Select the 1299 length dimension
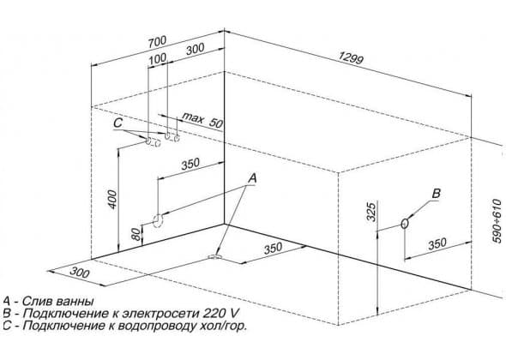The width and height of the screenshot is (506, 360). tap(351, 57)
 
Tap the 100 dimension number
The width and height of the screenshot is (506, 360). tap(158, 58)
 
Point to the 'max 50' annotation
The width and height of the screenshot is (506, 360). tap(202, 121)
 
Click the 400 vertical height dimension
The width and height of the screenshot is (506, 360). tap(112, 199)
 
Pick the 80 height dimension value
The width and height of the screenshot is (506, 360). tap(137, 234)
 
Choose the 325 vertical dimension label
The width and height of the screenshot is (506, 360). tap(371, 212)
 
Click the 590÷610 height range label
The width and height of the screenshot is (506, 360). tap(497, 221)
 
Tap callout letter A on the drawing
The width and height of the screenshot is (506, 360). tap(252, 178)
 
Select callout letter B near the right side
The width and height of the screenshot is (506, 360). tap(436, 194)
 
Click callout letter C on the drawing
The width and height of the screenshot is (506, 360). tap(118, 123)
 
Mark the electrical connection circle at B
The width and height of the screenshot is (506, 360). tap(405, 223)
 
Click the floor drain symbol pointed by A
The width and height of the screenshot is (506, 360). tap(214, 257)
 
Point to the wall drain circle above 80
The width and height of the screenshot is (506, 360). tap(158, 220)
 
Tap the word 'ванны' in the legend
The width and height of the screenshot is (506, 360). tap(75, 302)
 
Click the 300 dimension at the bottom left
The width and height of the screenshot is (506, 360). tap(79, 273)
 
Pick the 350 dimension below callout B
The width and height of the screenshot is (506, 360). tap(437, 244)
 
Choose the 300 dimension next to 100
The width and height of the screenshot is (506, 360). tap(195, 49)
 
